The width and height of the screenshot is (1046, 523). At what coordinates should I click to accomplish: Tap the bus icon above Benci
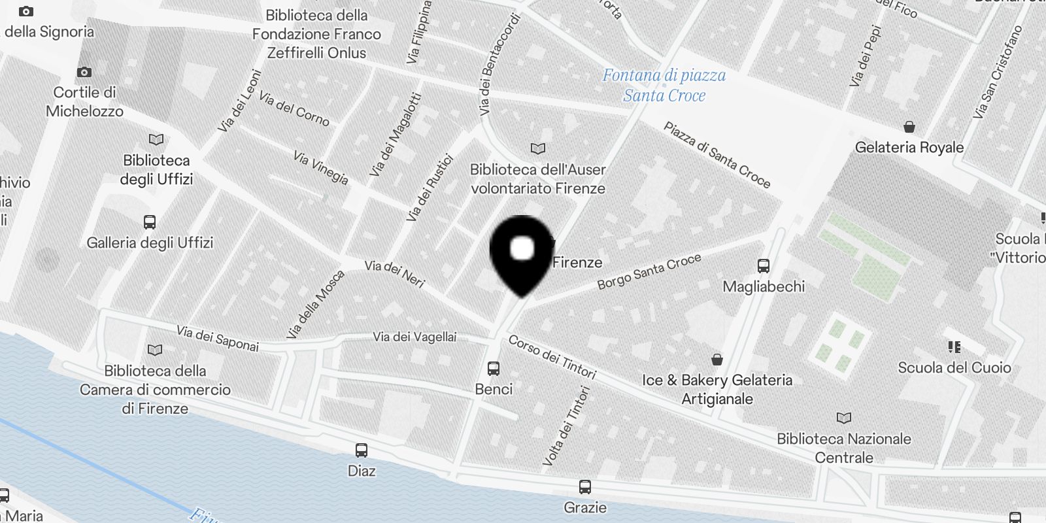click(x=494, y=369)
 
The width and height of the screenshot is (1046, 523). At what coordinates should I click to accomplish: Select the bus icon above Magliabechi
click(x=763, y=266)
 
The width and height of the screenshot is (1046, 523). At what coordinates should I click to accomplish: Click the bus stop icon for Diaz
click(x=362, y=450)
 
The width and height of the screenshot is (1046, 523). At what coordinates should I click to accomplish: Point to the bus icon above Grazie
click(x=585, y=487)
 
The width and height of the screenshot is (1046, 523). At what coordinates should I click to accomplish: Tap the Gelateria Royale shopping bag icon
click(x=909, y=127)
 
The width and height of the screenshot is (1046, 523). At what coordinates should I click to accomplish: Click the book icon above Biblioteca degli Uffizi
click(x=156, y=140)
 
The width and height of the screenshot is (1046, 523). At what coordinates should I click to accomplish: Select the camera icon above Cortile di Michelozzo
click(x=84, y=72)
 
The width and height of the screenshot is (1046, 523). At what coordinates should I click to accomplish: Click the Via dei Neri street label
click(x=395, y=274)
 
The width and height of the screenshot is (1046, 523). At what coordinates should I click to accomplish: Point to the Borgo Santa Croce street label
click(x=649, y=271)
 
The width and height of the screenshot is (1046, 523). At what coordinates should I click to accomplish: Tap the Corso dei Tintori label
click(x=552, y=358)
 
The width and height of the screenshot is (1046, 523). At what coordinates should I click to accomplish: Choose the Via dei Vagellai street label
click(x=414, y=337)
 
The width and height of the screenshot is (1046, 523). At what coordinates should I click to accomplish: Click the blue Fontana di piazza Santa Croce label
click(x=664, y=86)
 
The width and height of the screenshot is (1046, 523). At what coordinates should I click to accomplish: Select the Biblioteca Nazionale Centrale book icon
click(x=844, y=418)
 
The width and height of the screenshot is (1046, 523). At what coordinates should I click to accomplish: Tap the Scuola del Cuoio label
click(x=954, y=367)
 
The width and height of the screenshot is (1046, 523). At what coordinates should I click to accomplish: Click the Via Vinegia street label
click(x=320, y=168)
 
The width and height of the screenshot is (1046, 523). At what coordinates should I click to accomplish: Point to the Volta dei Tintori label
click(x=566, y=426)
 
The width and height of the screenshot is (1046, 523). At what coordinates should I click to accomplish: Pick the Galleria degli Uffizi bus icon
click(x=150, y=222)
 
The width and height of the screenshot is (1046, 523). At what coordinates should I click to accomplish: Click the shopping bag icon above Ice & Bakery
click(x=717, y=360)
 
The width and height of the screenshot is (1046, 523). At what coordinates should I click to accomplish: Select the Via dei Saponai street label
click(x=218, y=339)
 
